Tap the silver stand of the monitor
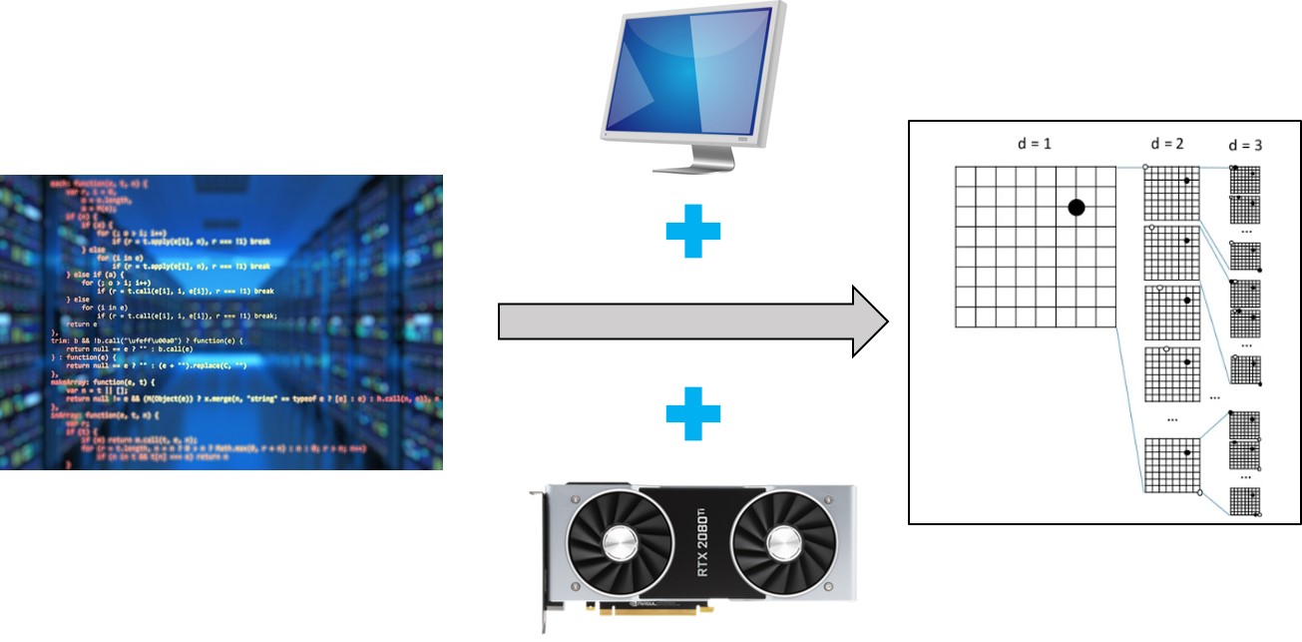coord(688,155)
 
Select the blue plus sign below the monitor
coord(692,232)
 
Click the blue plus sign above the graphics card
coord(692,414)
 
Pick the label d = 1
coord(1034,145)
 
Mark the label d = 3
coord(1245,146)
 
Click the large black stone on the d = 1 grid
coord(1076,208)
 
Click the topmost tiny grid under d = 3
coord(1245,179)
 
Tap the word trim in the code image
coord(57,339)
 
